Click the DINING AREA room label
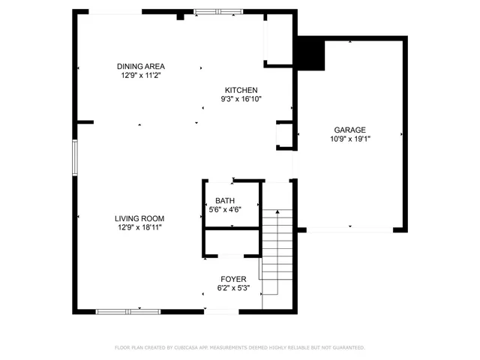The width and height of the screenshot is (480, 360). click(140, 66)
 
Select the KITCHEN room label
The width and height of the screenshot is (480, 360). click(240, 90)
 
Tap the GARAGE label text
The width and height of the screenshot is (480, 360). click(350, 130)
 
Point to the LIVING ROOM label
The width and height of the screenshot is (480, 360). click(139, 218)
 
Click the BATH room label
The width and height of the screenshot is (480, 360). click(225, 200)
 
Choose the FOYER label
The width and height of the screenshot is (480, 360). click(233, 279)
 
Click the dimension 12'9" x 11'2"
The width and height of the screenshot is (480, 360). click(140, 75)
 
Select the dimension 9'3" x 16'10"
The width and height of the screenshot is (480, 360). click(240, 99)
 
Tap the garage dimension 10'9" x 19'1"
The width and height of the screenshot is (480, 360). click(350, 139)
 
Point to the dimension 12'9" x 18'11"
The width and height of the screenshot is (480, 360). click(139, 227)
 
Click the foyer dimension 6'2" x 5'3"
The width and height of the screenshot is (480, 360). click(233, 288)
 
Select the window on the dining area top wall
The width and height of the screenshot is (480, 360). click(217, 11)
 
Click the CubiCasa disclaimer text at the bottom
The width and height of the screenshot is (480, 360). click(239, 348)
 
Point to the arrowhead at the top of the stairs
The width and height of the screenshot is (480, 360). click(278, 213)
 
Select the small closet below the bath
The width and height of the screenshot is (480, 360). click(231, 244)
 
